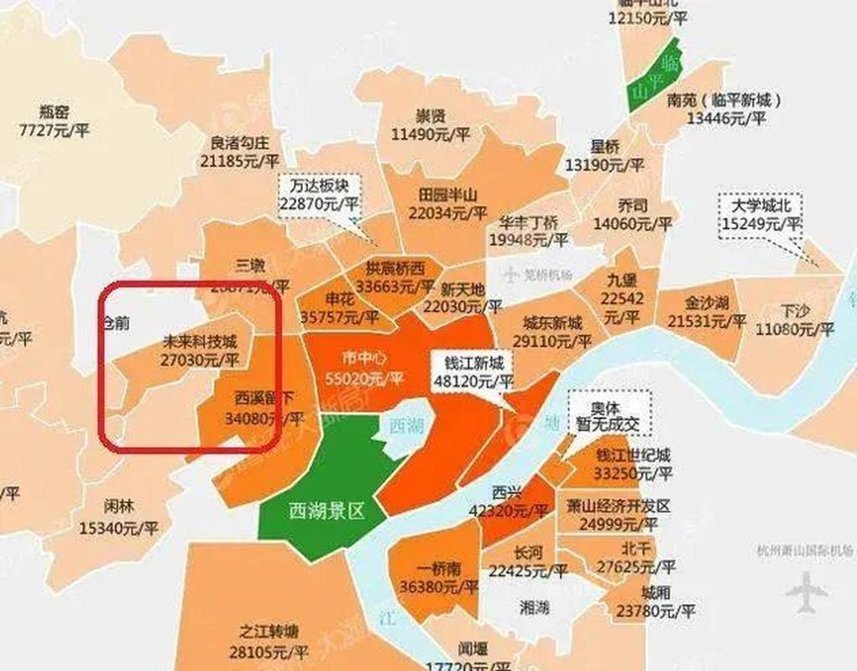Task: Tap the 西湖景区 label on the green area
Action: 327,509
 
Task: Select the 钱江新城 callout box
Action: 473,372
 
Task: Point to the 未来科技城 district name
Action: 198,342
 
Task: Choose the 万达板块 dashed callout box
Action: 320,194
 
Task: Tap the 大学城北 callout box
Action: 760,214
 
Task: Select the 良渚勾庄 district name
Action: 240,142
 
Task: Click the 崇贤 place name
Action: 430,117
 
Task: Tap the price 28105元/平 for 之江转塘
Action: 269,652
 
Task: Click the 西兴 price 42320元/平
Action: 509,509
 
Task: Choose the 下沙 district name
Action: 794,310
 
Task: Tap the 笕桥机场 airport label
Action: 536,274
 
